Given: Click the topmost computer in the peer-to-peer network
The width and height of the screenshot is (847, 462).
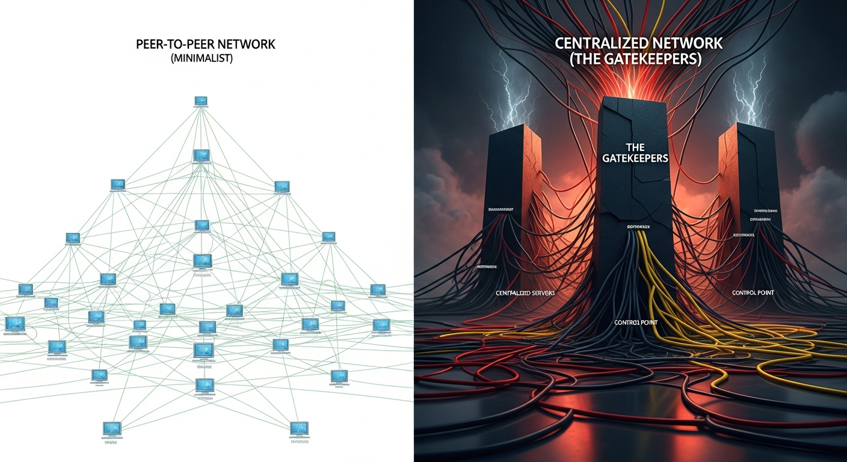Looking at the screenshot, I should [x=201, y=100].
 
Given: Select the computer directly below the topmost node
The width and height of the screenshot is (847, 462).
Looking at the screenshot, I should [x=201, y=155].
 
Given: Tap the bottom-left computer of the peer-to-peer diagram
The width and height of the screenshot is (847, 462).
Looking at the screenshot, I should [x=112, y=428].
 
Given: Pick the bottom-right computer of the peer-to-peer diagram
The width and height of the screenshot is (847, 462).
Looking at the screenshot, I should [x=299, y=428].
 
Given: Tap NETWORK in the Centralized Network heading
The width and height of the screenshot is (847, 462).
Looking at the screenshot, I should [x=685, y=43].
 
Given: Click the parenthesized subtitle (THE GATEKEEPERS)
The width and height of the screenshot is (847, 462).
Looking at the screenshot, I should [x=635, y=60].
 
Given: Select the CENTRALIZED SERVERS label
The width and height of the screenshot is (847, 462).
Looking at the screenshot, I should [x=525, y=293].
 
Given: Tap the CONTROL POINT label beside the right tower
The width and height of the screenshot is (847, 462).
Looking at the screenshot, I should [x=753, y=293].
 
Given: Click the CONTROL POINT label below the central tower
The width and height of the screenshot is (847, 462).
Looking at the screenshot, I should [x=635, y=322].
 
